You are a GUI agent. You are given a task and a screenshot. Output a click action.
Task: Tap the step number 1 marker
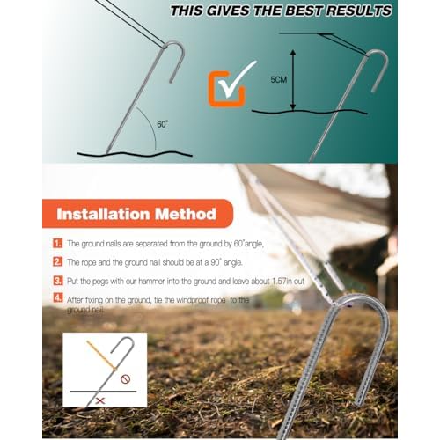tap(58, 242)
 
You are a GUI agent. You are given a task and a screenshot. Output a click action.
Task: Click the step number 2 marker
tap(58, 261)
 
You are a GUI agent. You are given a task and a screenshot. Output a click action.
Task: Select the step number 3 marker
tap(58, 281)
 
